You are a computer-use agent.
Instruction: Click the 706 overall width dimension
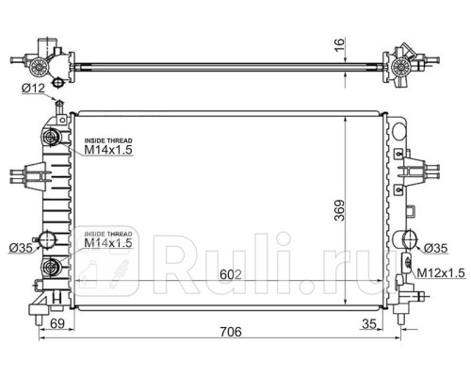pos(231,332)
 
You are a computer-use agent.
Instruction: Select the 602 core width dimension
pos(231,275)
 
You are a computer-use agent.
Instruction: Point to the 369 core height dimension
pos(339,210)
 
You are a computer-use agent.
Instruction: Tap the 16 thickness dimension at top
pos(339,45)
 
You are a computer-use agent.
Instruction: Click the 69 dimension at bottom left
pos(57,323)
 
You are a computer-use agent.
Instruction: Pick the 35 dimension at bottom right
pos(369,323)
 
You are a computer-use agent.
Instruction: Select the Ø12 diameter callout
pos(34,89)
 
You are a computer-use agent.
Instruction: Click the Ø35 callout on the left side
pos(21,248)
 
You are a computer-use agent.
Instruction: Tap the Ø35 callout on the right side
pos(435,248)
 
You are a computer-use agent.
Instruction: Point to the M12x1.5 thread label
pos(441,273)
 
